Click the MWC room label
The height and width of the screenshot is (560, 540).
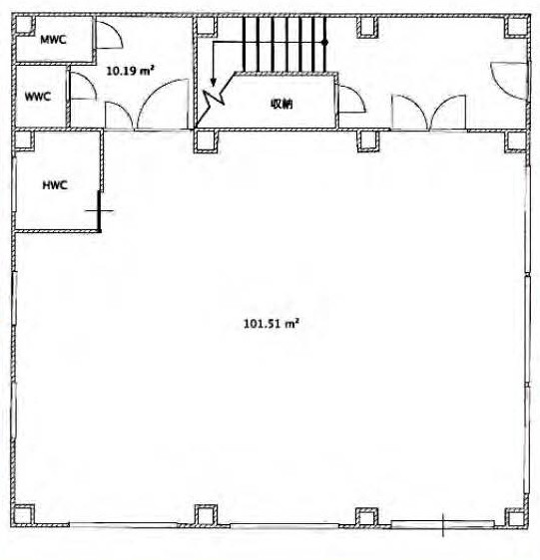tap(53, 39)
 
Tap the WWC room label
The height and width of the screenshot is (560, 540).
tap(38, 97)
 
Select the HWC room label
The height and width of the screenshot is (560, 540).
tap(55, 185)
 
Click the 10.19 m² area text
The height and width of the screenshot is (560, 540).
tap(130, 71)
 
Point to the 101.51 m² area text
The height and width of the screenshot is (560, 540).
tap(271, 324)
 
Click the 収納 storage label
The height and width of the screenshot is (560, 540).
tap(281, 104)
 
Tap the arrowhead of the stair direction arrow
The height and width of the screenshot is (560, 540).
tap(214, 83)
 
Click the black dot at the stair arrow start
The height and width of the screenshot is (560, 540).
tap(325, 42)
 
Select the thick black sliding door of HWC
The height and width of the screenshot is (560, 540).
tap(100, 211)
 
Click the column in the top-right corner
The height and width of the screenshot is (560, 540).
tap(516, 27)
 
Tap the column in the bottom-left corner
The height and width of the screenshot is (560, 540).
tap(24, 514)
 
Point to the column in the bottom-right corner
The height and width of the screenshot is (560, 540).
tap(516, 517)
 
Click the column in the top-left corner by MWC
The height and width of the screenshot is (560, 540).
tap(24, 25)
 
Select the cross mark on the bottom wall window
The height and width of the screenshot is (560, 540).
tap(443, 525)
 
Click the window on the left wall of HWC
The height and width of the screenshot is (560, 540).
tap(14, 184)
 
